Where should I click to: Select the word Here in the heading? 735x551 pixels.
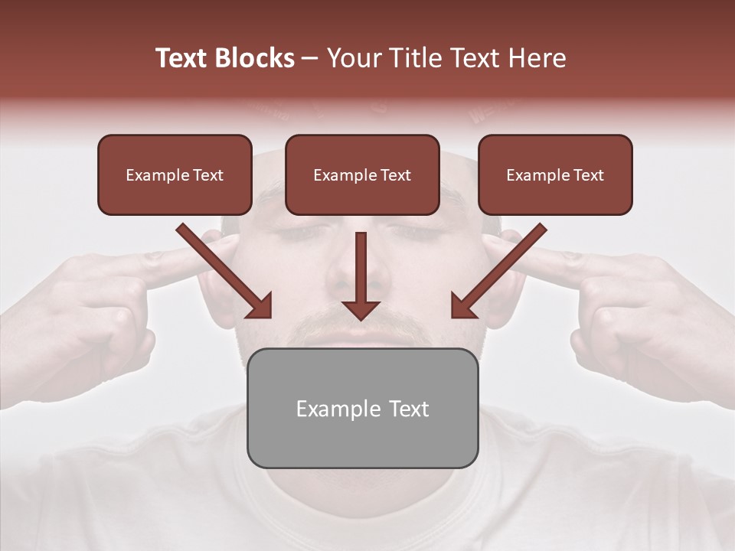tap(536, 58)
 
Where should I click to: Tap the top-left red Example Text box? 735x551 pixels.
tap(175, 174)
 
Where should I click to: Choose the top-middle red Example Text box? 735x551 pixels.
tap(362, 174)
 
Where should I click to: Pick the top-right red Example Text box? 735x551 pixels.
tap(555, 174)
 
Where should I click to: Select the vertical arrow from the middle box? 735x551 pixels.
tap(361, 275)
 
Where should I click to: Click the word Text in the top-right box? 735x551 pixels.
tap(588, 175)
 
